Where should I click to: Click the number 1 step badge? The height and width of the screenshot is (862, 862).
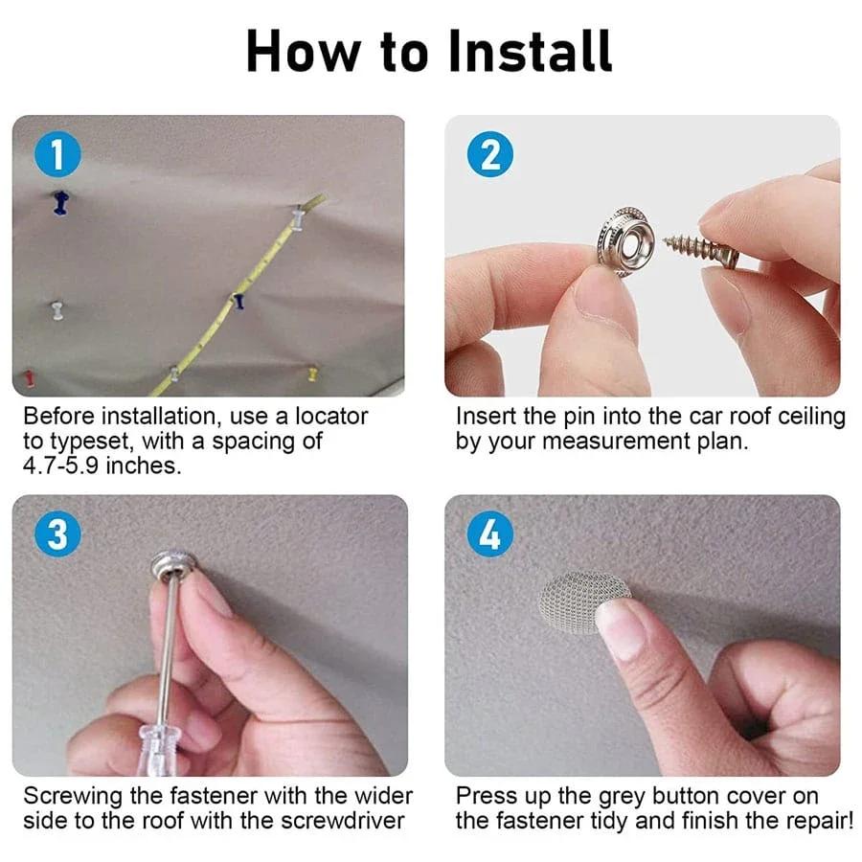[57, 154]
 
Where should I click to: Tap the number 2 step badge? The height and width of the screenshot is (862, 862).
[490, 154]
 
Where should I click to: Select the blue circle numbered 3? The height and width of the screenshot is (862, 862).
[57, 534]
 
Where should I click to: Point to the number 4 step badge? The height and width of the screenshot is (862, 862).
[490, 534]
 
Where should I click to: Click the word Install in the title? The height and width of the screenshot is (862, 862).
[530, 51]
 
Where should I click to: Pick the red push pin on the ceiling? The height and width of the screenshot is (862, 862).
[29, 378]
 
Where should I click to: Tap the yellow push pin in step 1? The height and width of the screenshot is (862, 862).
[312, 374]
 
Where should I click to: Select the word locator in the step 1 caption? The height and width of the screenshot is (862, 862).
[331, 417]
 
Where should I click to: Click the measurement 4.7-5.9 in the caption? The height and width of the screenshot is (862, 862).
[60, 465]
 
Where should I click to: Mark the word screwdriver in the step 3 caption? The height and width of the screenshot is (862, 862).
[343, 821]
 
